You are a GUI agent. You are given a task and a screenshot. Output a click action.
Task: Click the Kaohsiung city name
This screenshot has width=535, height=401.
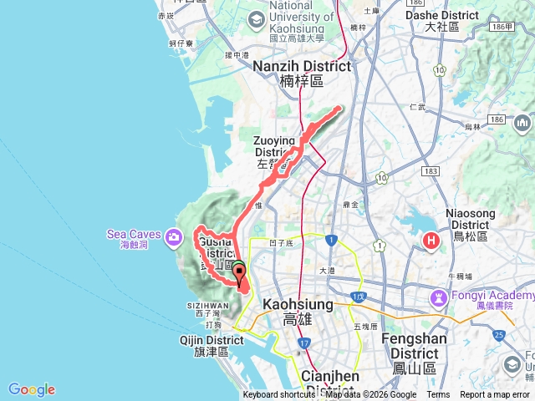[x=298, y=311]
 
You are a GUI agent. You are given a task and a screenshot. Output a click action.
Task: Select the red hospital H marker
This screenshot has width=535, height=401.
[x=431, y=242]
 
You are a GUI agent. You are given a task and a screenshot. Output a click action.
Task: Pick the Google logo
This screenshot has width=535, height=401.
[x=32, y=389]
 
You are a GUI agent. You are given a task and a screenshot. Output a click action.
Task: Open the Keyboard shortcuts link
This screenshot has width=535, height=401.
[x=278, y=395]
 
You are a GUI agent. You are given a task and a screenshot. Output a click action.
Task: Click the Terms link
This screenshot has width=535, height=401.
[x=438, y=395]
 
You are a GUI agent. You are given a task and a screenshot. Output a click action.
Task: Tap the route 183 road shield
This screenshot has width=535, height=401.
[x=431, y=171]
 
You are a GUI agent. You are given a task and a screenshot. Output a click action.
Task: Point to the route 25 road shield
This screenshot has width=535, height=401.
[x=499, y=335]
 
